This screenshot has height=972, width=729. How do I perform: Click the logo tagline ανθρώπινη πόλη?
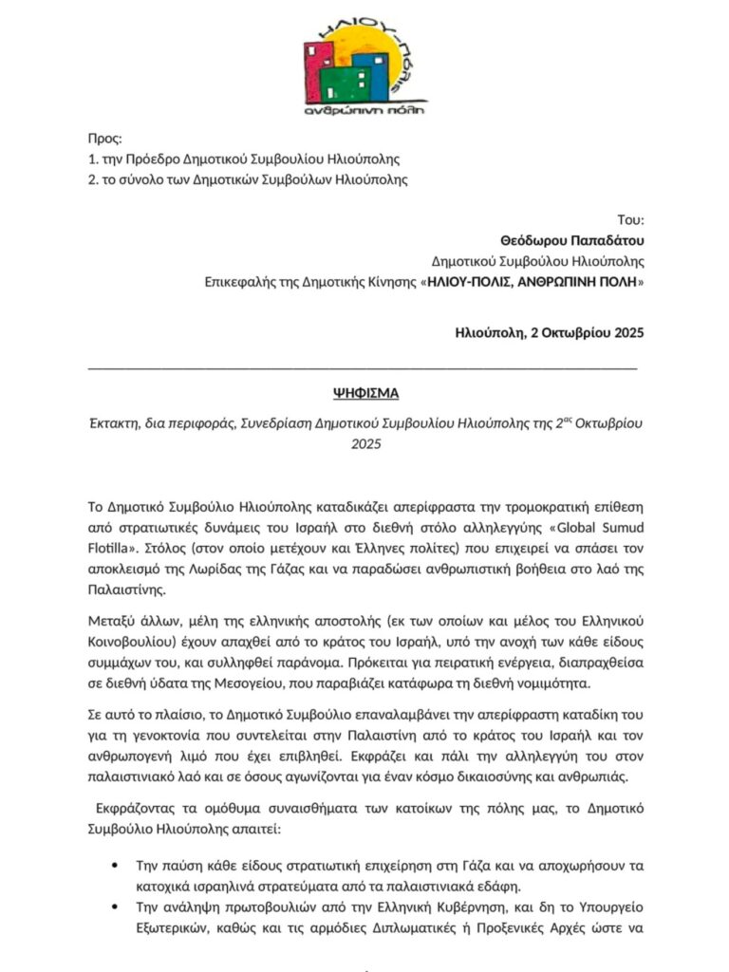364,109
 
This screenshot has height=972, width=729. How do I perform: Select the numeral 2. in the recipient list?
93,179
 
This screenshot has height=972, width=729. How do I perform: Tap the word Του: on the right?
631,219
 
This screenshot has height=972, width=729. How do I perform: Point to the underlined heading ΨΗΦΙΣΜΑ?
365,392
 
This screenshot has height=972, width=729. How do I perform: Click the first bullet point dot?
115,865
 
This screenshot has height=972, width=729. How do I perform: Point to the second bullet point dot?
115,908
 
